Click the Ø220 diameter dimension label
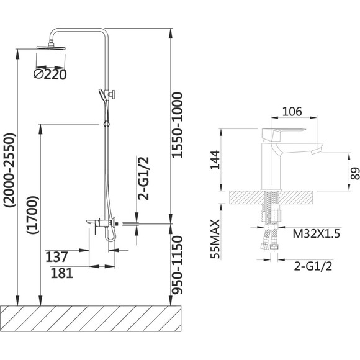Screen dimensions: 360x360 click(x=50, y=74)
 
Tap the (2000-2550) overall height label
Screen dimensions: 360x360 click(x=10, y=170)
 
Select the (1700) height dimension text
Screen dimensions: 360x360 click(x=32, y=215)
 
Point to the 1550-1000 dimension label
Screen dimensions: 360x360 click(x=178, y=125)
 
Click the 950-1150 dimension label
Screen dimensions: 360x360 click(x=178, y=264)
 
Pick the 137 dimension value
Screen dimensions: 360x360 click(x=56, y=257)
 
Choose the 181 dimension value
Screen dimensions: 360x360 click(x=61, y=273)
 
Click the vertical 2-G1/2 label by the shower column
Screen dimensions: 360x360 click(x=143, y=178)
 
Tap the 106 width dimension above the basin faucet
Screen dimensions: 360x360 click(x=292, y=112)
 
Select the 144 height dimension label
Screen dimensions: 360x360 click(x=215, y=160)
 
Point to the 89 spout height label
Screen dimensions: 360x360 click(x=355, y=173)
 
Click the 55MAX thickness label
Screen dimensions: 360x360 click(x=215, y=239)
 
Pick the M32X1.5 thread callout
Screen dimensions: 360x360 click(x=316, y=234)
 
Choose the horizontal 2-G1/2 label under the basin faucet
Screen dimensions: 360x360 click(x=313, y=266)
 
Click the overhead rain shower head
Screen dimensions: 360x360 click(x=51, y=47)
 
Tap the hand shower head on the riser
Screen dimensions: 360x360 click(x=102, y=95)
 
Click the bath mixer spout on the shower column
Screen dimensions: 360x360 click(x=91, y=222)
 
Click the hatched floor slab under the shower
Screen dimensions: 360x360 click(x=91, y=318)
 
